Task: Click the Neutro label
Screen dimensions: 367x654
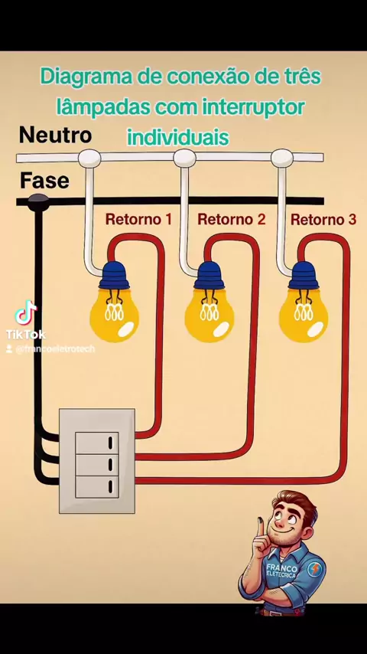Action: click(x=55, y=136)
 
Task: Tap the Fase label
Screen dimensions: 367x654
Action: click(x=44, y=181)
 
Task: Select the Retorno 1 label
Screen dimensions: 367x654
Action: click(x=138, y=219)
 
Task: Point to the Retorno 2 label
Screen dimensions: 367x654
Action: click(x=231, y=219)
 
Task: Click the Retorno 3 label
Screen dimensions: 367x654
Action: click(x=323, y=220)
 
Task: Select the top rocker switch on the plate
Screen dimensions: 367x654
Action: click(x=96, y=443)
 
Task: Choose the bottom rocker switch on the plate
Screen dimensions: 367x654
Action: click(x=96, y=487)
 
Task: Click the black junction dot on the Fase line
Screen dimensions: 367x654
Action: click(x=38, y=201)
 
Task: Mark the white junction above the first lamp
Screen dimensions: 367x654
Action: click(x=89, y=158)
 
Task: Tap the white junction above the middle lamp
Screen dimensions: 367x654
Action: click(x=184, y=158)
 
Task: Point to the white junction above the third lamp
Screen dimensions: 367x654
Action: click(x=282, y=158)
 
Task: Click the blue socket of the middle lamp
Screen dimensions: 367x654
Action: click(x=209, y=275)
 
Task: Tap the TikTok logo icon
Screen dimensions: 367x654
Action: click(x=26, y=312)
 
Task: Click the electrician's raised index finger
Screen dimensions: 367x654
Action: click(x=259, y=527)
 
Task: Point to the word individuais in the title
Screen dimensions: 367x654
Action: click(x=178, y=137)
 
